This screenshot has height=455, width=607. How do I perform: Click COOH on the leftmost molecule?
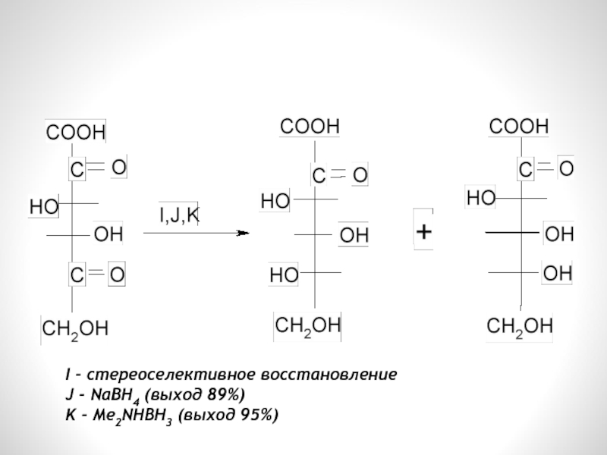pos(75,132)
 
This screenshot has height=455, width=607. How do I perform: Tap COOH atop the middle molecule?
pos(311,127)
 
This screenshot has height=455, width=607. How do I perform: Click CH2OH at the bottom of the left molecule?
pos(74,328)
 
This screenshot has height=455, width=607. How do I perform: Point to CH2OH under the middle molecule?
pos(307,326)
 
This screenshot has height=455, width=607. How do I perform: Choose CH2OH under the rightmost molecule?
pos(519,327)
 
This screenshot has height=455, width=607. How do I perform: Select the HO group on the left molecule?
pos(42,206)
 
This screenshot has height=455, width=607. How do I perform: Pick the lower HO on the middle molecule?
pos(283,275)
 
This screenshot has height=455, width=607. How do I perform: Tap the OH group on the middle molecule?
pos(353,236)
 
